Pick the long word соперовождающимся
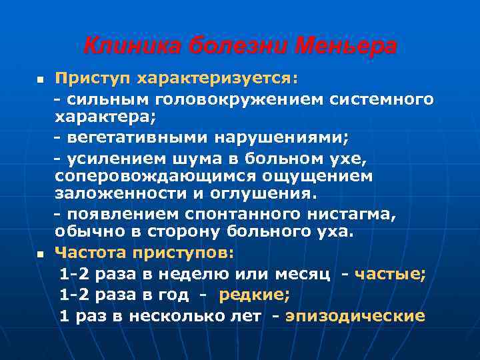point(155,176)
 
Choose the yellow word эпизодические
point(355,316)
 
